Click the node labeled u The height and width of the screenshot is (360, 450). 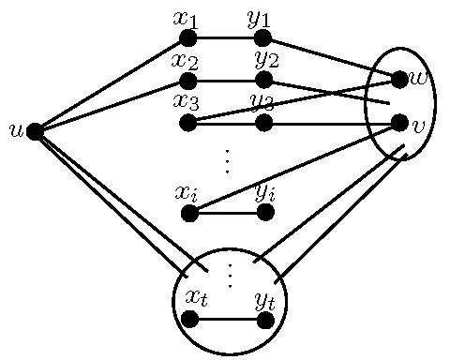coord(35,131)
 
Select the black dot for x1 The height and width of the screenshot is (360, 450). coord(187,38)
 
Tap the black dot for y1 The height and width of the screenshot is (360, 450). coord(262,38)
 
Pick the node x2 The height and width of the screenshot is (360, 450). coord(187,81)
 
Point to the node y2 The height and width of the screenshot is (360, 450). coord(263,80)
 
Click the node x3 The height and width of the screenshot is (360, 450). coord(187,123)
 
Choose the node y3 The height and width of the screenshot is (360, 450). coord(263,123)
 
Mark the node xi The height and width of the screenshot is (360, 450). coord(189,213)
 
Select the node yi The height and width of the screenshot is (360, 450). coord(265,213)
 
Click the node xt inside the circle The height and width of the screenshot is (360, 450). coord(189,319)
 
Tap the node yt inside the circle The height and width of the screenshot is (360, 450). coord(265,320)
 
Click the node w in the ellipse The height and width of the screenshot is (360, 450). coord(399,80)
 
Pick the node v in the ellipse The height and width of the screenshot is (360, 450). coord(399,122)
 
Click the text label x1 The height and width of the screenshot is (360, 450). coord(186,18)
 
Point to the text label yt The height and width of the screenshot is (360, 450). coord(265,299)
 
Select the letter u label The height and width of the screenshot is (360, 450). coord(15,129)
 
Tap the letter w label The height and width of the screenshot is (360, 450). coord(419,78)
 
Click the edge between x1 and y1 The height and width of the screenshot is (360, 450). coord(225,38)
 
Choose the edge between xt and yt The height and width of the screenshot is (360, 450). coord(227,320)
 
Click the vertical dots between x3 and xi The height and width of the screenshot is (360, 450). coord(227,161)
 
